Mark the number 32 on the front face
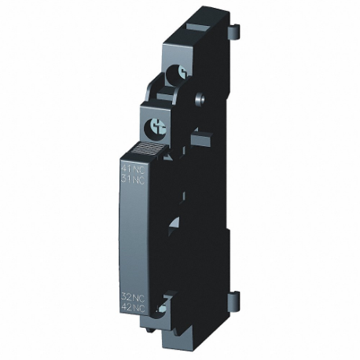(x=127, y=296)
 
